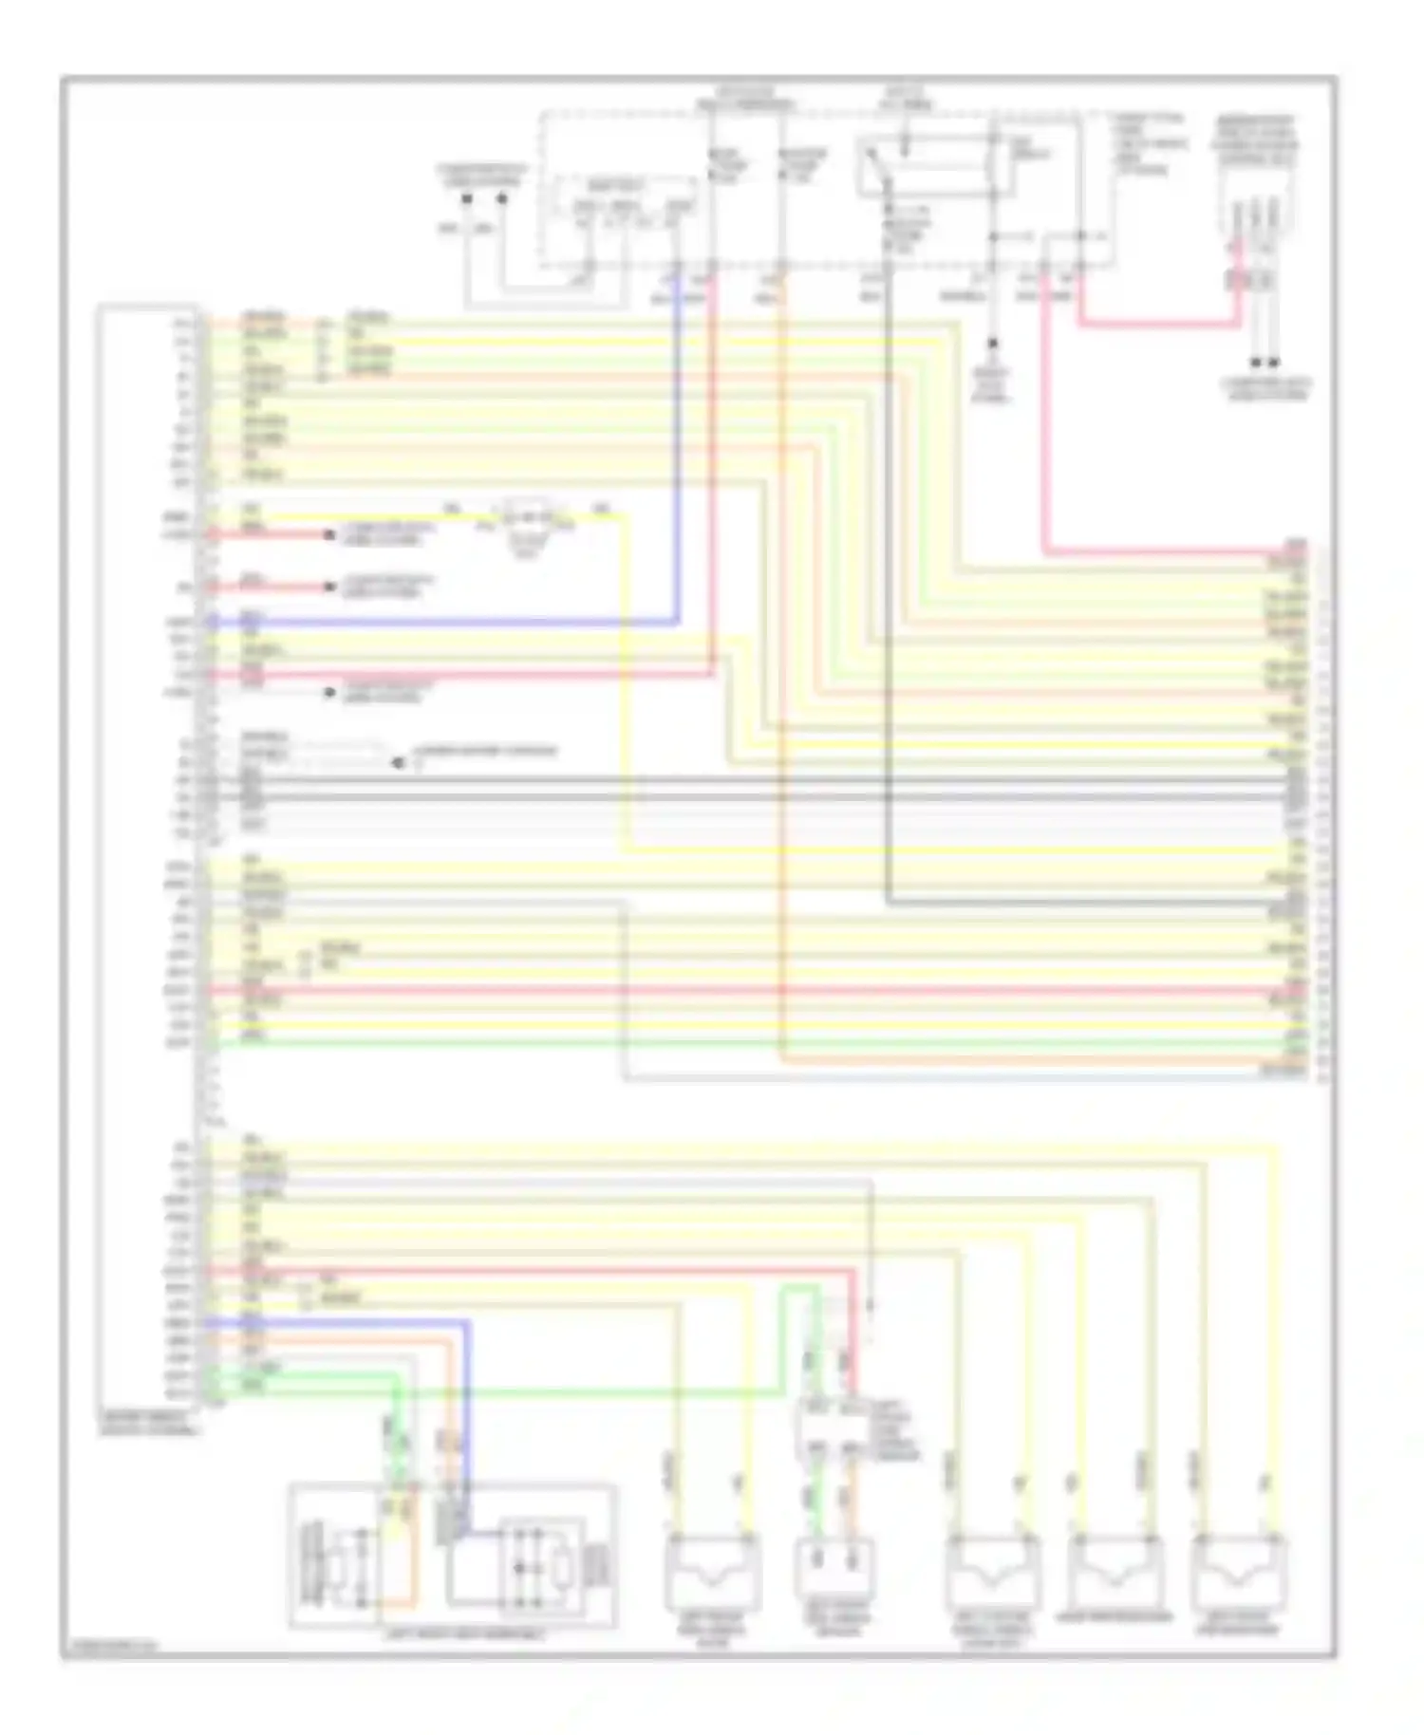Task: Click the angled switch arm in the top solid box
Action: point(877,167)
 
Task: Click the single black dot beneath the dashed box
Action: point(993,343)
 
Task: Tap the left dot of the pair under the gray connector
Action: point(1255,363)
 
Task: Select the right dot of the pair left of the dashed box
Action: point(502,198)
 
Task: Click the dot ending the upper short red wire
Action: point(329,535)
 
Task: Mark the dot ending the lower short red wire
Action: point(329,588)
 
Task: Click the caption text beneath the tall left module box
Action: point(149,1422)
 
